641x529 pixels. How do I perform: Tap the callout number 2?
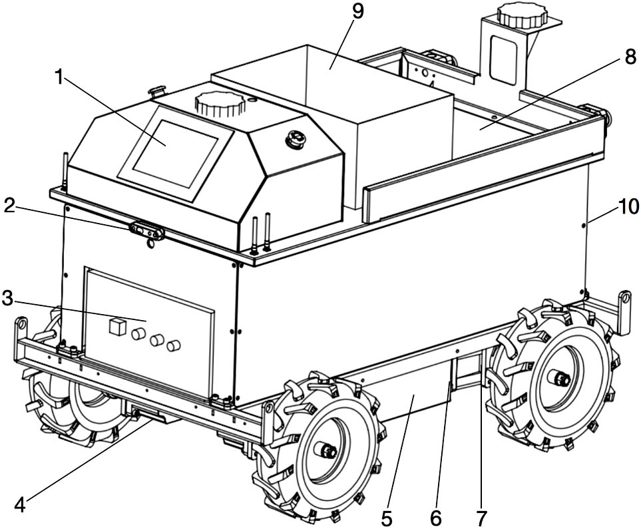tap(9, 206)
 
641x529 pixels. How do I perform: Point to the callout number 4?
tap(20, 505)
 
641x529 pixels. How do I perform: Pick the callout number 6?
tap(437, 516)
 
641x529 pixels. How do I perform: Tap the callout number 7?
tap(481, 516)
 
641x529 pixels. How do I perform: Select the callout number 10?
tap(628, 207)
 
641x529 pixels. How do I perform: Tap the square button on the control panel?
tap(117, 326)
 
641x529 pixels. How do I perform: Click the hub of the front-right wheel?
tap(328, 450)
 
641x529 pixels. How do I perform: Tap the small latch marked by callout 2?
tap(147, 231)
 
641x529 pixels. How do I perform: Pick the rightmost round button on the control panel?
tap(174, 345)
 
